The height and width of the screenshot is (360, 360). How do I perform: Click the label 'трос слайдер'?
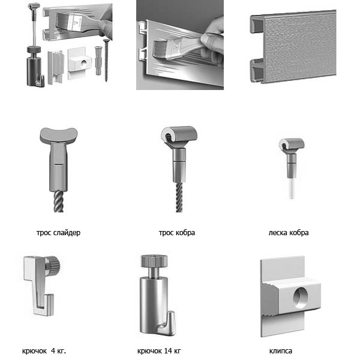(x=58, y=233)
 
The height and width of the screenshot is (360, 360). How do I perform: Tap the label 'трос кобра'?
(x=177, y=233)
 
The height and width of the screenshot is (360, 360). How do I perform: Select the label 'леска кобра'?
(x=289, y=233)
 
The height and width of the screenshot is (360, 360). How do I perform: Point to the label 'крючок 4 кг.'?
(x=44, y=351)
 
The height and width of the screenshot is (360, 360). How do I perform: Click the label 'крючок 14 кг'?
(x=159, y=351)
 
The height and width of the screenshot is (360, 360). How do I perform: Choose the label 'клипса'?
(x=281, y=351)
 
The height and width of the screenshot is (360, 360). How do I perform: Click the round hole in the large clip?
(x=301, y=297)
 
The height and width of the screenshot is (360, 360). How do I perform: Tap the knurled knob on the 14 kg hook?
(x=154, y=261)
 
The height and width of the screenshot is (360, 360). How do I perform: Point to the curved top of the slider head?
(x=59, y=134)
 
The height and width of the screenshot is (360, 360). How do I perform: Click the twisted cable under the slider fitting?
(x=59, y=202)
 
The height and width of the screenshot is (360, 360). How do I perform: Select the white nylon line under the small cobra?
(x=292, y=189)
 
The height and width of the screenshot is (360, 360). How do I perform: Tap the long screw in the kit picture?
(x=106, y=60)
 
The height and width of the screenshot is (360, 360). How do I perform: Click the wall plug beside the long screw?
(x=98, y=61)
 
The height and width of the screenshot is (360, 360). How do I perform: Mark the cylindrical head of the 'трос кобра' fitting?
(x=179, y=134)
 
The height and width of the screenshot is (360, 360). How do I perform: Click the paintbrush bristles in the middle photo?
(x=161, y=50)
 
